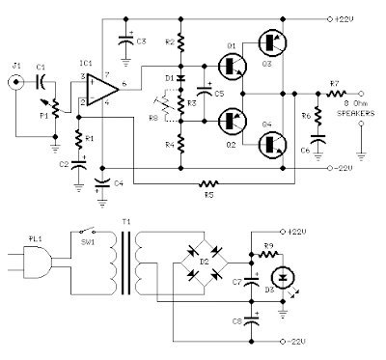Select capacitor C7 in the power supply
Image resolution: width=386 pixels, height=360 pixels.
click(x=251, y=281)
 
